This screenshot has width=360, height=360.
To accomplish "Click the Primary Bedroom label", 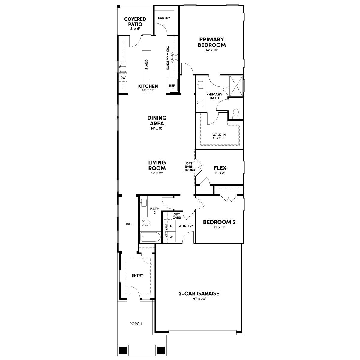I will point(211,42).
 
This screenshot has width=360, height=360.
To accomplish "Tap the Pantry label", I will point(164,18).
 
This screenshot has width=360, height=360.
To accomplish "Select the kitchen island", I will point(147,65).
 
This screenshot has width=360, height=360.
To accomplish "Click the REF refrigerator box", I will point(172,85).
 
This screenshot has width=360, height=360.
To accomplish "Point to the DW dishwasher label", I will point(123,78).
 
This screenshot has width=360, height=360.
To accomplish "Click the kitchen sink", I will point(123,67).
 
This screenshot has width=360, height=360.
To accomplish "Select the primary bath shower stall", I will point(236,85).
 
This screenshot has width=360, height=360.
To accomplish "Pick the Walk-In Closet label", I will point(219,136).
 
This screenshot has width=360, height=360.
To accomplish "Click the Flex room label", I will point(220,168).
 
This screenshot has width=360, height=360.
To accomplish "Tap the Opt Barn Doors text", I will point(189,167).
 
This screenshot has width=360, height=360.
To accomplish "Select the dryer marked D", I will point(172,226).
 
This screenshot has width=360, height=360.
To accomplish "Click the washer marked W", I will point(172,237).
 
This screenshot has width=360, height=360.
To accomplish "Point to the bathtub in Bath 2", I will point(150,237).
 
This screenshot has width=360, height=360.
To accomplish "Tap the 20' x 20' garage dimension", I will point(199,299).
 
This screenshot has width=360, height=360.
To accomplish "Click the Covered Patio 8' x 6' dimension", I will point(135,28).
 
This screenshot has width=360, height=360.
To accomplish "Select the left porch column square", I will point(122,350).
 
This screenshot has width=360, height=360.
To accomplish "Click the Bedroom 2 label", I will point(219,222).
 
